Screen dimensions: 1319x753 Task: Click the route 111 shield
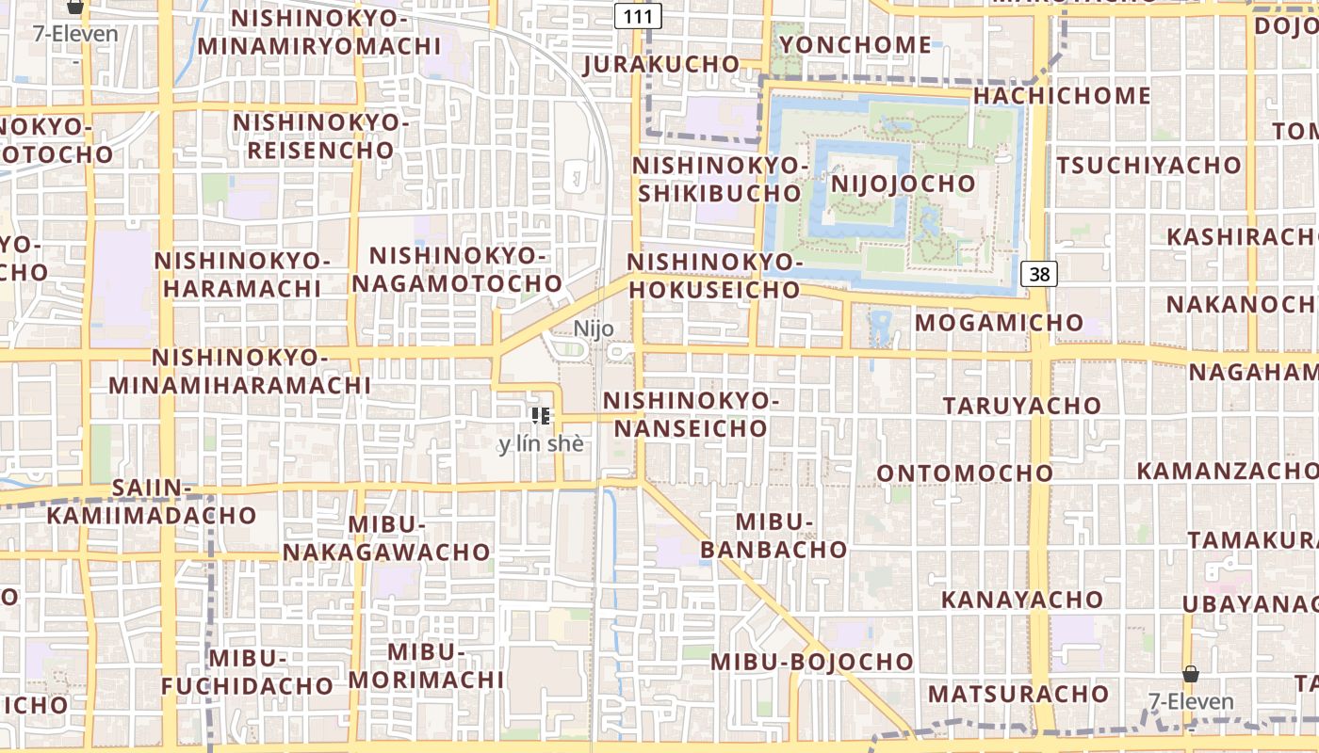tap(638, 16)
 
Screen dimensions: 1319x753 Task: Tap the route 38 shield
tap(1039, 274)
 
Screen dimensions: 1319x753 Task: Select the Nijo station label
tap(594, 328)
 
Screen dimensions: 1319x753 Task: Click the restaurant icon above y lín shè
tap(541, 415)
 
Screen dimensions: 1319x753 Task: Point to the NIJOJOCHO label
tap(903, 183)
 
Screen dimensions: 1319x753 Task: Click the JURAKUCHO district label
tap(661, 65)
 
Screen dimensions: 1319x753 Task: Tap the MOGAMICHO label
tap(1000, 323)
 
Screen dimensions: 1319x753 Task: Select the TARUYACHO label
tap(1022, 406)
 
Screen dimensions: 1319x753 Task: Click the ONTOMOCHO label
tap(965, 473)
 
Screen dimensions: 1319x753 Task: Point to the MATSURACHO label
tap(1018, 695)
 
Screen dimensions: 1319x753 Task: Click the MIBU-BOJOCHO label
tap(812, 662)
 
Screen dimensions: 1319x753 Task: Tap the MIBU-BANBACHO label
tap(773, 536)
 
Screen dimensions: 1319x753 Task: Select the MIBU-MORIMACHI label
tap(427, 665)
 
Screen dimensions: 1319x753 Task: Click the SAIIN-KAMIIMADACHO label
tap(152, 502)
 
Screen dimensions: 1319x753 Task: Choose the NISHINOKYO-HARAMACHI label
tap(242, 274)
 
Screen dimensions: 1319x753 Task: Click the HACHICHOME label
tap(1062, 96)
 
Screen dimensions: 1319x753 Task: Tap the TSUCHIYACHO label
tap(1148, 166)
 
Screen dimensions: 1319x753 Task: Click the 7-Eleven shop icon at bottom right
tap(1191, 675)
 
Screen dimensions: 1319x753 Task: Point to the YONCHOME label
tap(855, 45)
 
